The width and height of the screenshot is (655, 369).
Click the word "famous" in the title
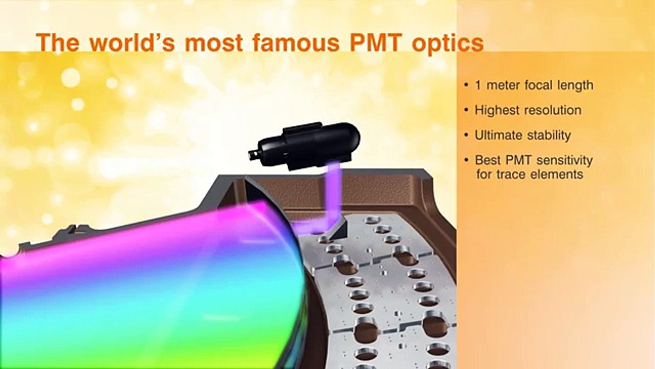296,43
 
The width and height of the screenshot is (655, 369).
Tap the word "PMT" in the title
375,43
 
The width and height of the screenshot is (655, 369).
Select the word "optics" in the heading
447,45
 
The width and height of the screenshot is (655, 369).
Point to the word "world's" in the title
132,43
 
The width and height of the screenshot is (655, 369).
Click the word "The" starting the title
58,43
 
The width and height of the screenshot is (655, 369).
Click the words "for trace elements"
530,175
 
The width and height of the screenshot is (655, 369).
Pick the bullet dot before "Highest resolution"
466,110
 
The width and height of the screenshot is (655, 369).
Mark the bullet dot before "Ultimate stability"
466,135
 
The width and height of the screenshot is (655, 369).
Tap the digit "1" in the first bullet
478,85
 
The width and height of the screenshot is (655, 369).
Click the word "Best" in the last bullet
487,160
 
